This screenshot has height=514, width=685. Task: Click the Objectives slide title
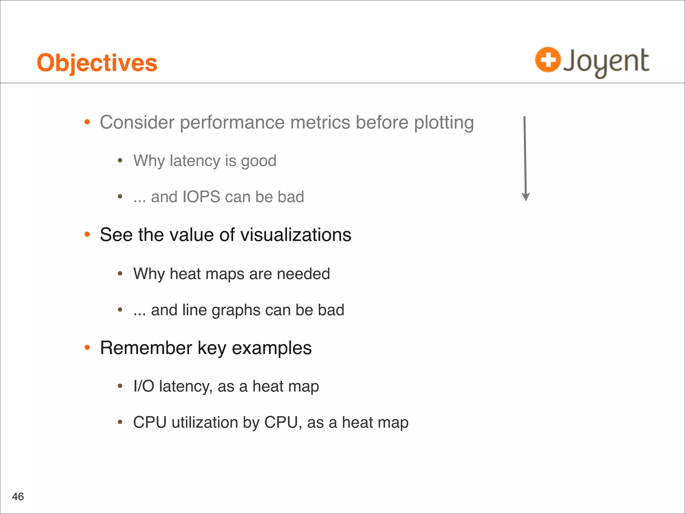pyautogui.click(x=97, y=63)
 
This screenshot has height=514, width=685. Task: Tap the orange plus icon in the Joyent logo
pyautogui.click(x=548, y=60)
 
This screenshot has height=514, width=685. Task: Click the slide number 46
pyautogui.click(x=18, y=496)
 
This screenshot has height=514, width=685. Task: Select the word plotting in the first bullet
pyautogui.click(x=444, y=122)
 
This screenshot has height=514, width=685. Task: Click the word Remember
pyautogui.click(x=146, y=348)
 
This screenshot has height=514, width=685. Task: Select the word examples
pyautogui.click(x=272, y=348)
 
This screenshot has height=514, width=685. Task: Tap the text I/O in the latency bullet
pyautogui.click(x=143, y=386)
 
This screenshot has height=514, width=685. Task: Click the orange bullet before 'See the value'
pyautogui.click(x=87, y=235)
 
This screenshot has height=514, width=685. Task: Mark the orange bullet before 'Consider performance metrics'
pyautogui.click(x=87, y=122)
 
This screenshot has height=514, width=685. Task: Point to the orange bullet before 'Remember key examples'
pyautogui.click(x=87, y=348)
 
